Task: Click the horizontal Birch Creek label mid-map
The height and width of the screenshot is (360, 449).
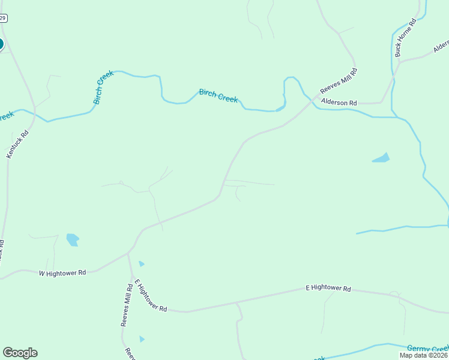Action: point(218,96)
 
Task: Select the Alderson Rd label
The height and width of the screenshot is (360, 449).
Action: point(339,103)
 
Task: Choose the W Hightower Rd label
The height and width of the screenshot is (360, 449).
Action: point(62,272)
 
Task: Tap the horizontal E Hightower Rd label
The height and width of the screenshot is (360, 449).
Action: point(328,289)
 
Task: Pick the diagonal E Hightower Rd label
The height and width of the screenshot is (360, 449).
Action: point(150,295)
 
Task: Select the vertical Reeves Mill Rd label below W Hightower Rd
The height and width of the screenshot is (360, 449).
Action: point(125,306)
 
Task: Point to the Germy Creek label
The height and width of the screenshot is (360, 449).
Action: point(427,349)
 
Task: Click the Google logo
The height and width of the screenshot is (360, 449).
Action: point(20,353)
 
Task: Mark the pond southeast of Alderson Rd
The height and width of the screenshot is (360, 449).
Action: point(381,158)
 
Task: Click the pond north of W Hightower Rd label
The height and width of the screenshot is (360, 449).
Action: point(73,239)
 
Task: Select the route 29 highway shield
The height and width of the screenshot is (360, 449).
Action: point(2,19)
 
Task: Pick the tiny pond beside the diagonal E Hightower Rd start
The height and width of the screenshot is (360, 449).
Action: point(142,263)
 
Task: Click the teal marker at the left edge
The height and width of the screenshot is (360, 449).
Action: point(1,44)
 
